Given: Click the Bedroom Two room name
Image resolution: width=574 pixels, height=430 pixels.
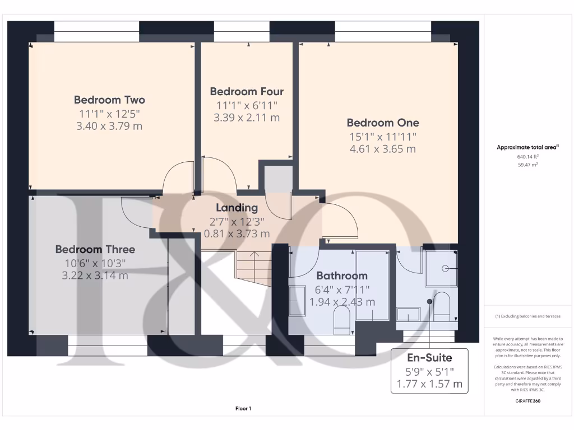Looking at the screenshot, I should [x=109, y=100].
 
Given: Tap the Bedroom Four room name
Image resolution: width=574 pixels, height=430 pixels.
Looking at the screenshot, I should [x=247, y=91].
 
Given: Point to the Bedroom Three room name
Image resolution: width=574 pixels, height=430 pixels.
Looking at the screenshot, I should [x=95, y=249].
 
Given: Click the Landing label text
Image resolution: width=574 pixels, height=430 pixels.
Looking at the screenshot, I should [x=237, y=208].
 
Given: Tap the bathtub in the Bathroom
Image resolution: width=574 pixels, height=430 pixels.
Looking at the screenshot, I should [x=372, y=286].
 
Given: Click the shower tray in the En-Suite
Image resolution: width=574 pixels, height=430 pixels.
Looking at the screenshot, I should [x=439, y=268].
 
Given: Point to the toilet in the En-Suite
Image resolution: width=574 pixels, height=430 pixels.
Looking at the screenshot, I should [x=442, y=307].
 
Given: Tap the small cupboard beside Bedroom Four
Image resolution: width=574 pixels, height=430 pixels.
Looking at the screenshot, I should [x=275, y=176].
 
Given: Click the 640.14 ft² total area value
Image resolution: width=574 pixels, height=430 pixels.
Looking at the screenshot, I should [x=527, y=157].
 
